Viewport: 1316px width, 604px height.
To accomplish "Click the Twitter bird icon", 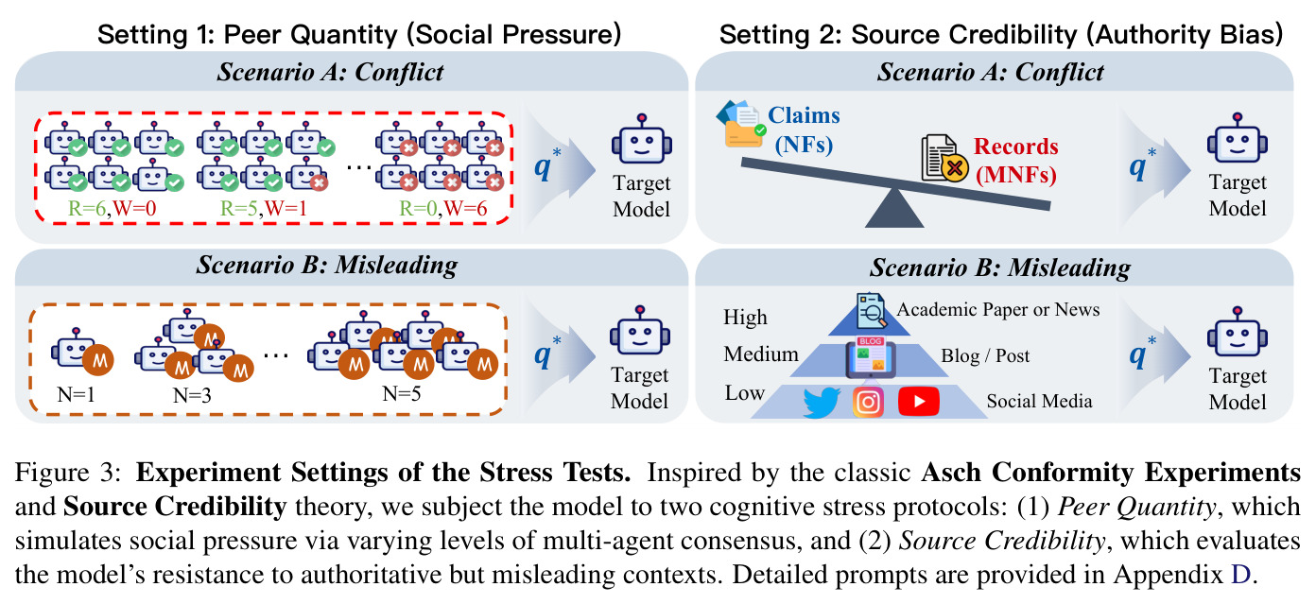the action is [822, 402].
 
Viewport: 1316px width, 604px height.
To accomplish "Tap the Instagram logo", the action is [868, 402].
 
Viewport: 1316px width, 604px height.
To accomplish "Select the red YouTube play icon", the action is [918, 402].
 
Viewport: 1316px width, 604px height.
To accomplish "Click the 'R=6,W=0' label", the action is [113, 208].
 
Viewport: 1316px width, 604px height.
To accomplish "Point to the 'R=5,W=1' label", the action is [264, 208].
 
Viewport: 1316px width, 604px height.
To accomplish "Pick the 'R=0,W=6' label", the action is [443, 208].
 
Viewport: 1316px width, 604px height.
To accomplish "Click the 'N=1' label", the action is [77, 393].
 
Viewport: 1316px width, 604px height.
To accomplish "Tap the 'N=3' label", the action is [192, 395].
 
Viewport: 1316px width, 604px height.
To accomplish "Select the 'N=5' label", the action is [401, 393].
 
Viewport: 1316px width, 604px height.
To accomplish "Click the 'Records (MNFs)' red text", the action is [1015, 161].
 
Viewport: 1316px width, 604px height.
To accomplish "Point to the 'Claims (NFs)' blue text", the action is [804, 129].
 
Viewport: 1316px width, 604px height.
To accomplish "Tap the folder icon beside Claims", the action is [741, 124].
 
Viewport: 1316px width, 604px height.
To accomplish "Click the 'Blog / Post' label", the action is [985, 355].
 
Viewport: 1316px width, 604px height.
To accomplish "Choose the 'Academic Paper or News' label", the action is [998, 309].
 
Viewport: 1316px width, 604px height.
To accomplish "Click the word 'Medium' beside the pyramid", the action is [761, 354].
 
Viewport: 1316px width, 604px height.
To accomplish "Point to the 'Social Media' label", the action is [1039, 401].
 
